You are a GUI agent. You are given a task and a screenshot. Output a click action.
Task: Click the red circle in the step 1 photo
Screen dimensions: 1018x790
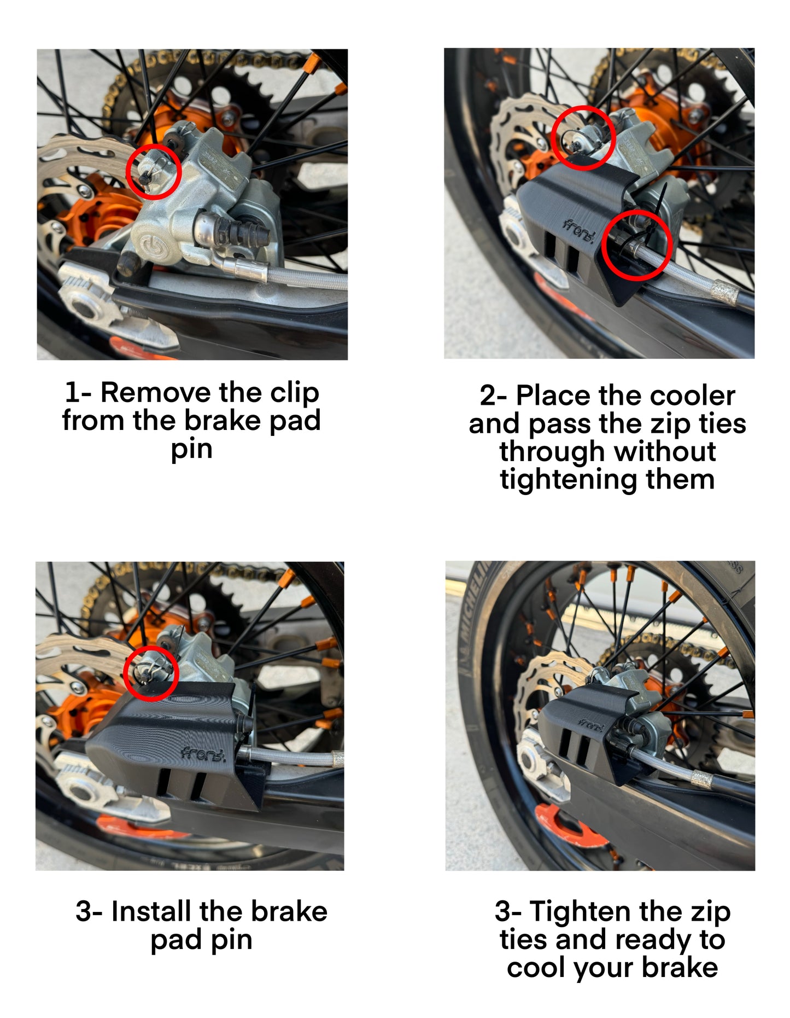154,172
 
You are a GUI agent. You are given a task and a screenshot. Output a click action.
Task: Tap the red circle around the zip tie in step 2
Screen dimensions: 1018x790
636,246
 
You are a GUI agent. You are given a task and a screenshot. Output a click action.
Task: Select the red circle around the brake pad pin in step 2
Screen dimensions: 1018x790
583,138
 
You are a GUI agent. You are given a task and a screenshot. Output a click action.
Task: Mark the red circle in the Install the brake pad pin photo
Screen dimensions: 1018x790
151,673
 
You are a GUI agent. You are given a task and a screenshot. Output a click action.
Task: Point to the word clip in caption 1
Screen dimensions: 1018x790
294,393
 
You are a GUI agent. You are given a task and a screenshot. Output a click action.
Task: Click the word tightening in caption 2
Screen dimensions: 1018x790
569,480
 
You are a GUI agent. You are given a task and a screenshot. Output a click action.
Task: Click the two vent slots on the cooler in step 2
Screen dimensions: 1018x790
563,256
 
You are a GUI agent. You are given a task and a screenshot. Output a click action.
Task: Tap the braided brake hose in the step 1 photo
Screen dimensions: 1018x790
306,279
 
